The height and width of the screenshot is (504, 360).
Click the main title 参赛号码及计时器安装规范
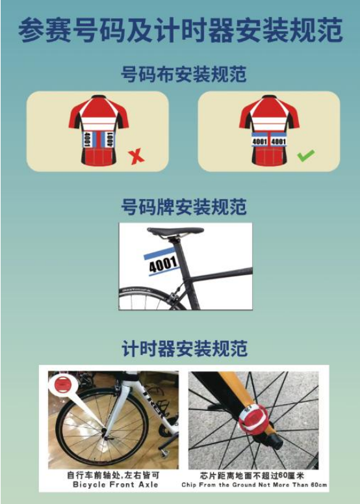180,31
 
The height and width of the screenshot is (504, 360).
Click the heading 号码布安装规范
184,74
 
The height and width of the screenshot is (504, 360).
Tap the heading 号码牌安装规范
184,207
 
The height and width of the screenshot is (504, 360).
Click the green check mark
305,155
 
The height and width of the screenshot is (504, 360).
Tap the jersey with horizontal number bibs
268,130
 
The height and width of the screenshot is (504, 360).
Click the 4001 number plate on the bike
162,262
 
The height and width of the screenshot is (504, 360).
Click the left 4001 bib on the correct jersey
259,141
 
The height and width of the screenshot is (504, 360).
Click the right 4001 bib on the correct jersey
278,141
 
